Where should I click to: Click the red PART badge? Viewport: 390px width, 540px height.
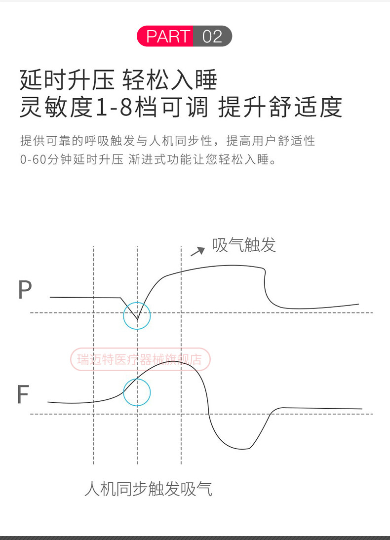click(168, 37)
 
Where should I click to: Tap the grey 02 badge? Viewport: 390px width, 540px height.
click(212, 37)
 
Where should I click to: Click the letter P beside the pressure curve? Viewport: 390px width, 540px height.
click(25, 290)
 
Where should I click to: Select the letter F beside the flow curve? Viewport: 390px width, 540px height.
click(23, 394)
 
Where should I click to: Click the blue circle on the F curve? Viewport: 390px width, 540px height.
click(137, 392)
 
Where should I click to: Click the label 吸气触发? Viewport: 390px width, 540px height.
click(244, 245)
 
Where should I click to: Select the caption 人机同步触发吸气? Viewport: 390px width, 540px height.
click(148, 489)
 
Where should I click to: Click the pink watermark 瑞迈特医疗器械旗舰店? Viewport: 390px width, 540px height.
click(141, 359)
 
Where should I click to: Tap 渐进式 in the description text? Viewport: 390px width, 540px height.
click(153, 159)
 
